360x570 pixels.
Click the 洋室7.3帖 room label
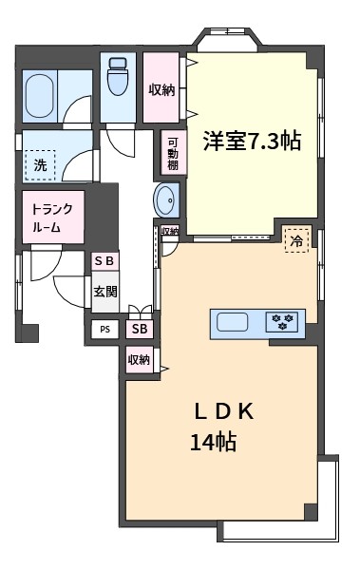coord(252,141)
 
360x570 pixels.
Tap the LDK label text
coord(224,412)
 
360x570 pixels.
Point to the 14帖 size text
coord(214,442)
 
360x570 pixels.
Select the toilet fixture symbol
coord(118,76)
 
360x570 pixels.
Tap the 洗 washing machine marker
coord(40,165)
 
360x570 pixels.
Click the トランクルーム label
coord(52,218)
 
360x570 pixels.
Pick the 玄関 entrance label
coord(105,292)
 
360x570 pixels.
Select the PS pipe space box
coord(105,330)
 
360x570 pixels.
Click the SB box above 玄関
coord(104,261)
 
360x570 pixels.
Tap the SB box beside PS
coord(140,329)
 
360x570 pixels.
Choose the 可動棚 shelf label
coord(173,154)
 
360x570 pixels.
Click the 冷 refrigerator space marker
coord(297,240)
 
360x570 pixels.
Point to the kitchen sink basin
coord(233,322)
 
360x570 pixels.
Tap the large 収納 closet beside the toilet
coord(161,87)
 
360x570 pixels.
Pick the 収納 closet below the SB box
coord(140,360)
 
